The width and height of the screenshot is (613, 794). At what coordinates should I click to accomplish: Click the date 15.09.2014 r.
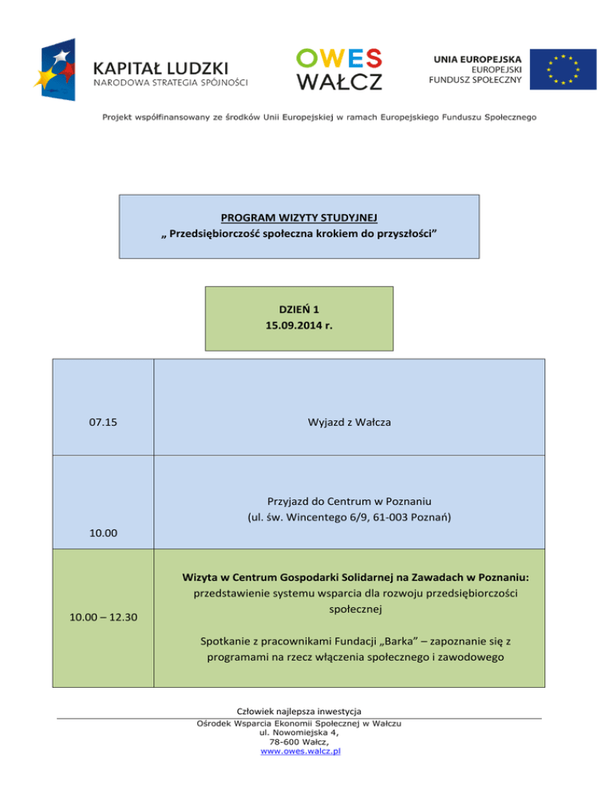[x=299, y=326]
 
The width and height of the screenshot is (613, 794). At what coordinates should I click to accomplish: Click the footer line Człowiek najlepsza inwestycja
[x=299, y=713]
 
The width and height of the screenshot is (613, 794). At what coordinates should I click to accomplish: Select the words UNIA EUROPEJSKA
[x=478, y=58]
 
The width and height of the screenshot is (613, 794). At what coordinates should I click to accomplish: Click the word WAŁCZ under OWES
[x=339, y=81]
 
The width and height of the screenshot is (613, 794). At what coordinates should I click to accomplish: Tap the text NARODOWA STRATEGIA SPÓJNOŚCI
[x=170, y=81]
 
